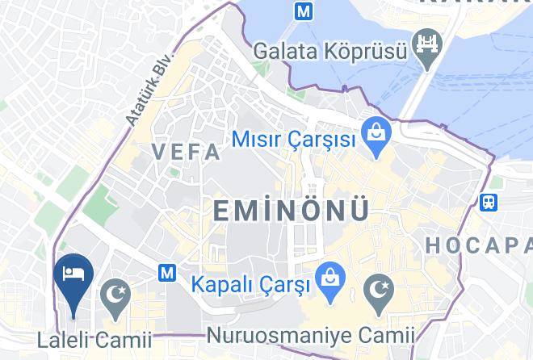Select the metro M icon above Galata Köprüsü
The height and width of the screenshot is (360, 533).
coord(304,11)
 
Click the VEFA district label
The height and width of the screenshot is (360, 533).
coord(185,151)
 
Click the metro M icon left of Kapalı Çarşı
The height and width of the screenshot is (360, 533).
coord(168,273)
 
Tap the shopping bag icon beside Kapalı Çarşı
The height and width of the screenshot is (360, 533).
coord(328,276)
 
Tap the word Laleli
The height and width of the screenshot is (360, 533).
coord(62,340)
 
